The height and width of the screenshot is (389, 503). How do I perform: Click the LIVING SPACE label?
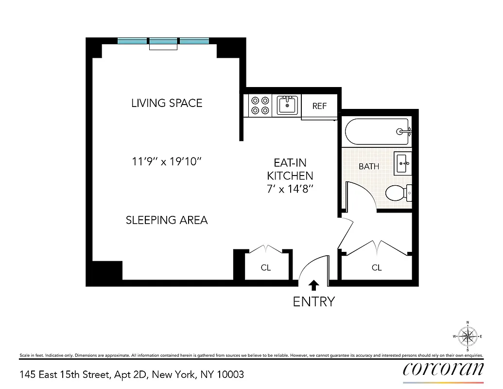tap(167, 103)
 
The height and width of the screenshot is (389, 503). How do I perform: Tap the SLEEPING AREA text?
tap(167, 220)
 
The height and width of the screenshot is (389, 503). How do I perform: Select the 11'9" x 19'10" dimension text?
tap(167, 161)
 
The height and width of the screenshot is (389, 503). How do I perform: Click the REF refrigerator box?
tap(319, 106)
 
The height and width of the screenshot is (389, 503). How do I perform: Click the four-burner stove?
tap(260, 106)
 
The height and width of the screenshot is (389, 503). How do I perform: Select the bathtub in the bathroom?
tap(377, 131)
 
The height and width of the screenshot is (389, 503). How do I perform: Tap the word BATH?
tap(369, 166)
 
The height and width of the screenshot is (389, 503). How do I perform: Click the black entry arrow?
tap(314, 284)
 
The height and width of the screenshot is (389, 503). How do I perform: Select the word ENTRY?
tap(314, 301)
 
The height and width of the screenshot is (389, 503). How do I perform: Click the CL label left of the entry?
tap(265, 267)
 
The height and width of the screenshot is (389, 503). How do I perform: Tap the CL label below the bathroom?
tap(377, 267)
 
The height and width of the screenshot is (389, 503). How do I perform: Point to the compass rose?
tap(468, 336)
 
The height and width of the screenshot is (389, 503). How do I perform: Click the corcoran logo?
tap(443, 369)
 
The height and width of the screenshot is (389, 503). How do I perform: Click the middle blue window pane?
tap(164, 41)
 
